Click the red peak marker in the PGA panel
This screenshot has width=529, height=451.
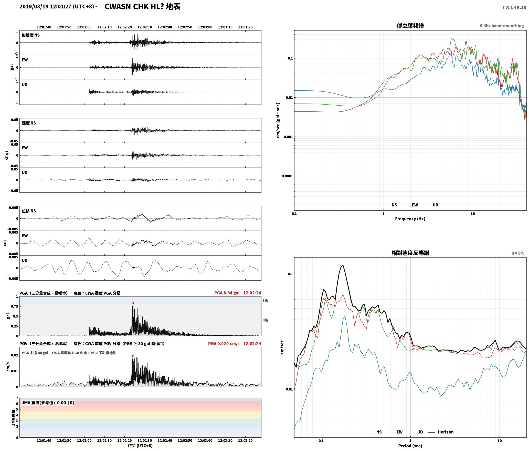[133, 303]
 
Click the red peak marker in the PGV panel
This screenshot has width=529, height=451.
[133, 356]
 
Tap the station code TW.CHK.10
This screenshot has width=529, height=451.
[514, 7]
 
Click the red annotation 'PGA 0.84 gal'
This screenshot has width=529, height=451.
[227, 293]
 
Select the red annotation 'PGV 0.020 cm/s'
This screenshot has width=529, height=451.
[224, 344]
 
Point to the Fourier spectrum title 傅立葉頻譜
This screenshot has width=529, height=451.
[410, 26]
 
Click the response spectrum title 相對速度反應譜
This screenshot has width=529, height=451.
[410, 253]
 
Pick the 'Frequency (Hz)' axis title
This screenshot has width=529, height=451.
[410, 219]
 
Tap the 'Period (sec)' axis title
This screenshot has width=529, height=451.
[410, 446]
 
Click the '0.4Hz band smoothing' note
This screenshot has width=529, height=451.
[502, 26]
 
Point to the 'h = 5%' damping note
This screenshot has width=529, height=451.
[518, 253]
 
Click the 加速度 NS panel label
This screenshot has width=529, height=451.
[31, 35]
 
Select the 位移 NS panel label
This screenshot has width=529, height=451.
[29, 211]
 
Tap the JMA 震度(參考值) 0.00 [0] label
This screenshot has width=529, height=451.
[48, 403]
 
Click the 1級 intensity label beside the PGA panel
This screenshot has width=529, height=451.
[265, 300]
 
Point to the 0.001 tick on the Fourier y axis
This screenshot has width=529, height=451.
[288, 137]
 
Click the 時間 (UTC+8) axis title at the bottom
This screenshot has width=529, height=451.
[140, 446]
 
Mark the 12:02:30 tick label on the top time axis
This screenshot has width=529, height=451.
[145, 27]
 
